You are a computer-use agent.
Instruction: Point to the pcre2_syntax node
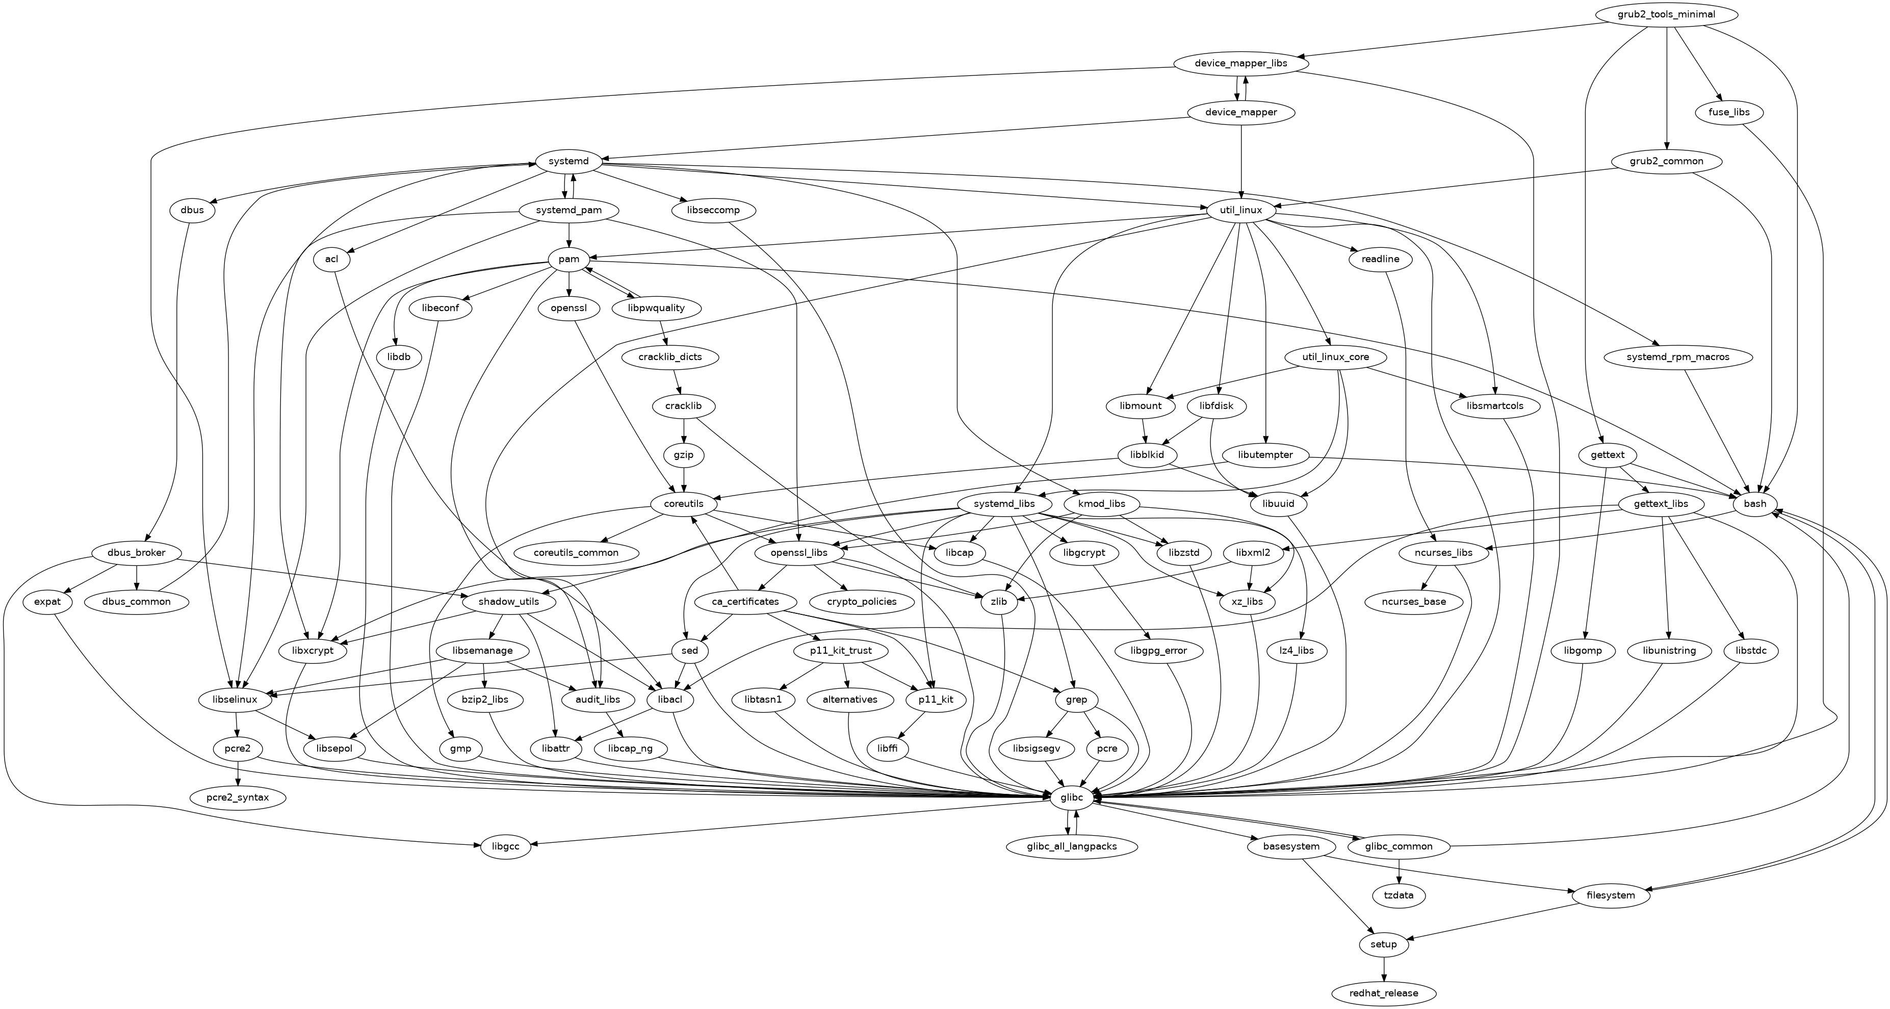(238, 797)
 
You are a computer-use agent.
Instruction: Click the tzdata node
(1399, 896)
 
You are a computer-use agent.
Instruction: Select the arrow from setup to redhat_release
(1384, 969)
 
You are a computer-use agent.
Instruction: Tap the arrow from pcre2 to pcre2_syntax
(238, 773)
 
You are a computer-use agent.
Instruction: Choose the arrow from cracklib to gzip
(684, 431)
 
